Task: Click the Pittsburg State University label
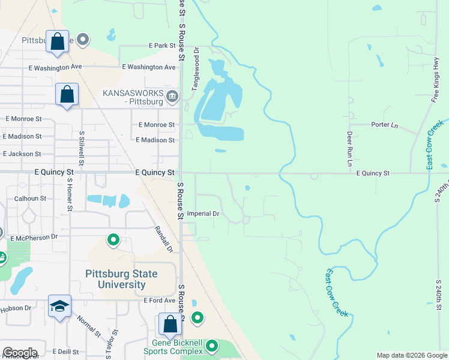(121, 279)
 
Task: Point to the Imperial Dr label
(203, 214)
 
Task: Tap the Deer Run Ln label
(349, 149)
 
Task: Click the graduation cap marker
(60, 306)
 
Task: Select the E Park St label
(161, 46)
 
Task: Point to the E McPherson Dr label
(34, 238)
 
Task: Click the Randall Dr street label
(163, 239)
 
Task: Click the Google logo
(19, 353)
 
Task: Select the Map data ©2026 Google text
(412, 355)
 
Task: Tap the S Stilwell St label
(82, 148)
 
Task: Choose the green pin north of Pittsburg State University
(113, 241)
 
